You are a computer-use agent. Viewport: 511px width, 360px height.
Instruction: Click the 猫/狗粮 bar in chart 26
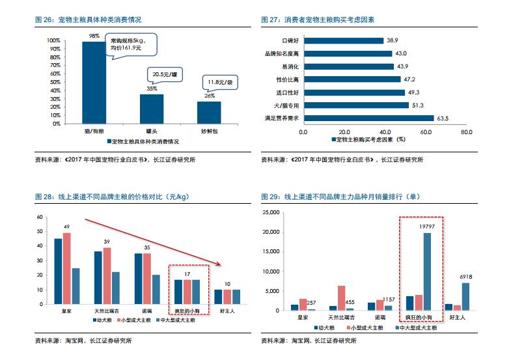point(93,82)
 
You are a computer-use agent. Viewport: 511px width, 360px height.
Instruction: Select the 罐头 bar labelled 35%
point(152,109)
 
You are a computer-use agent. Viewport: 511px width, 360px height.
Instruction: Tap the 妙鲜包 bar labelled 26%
point(209,112)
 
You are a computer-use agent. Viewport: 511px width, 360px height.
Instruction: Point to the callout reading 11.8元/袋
point(221,82)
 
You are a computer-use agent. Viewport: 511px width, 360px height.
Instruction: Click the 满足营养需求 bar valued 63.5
point(368,118)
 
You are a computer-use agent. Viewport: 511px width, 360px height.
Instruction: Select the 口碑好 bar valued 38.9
point(343,40)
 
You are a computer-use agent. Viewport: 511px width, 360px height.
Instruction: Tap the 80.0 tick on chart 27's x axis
point(466,132)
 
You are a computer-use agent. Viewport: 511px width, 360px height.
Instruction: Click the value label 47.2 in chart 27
point(410,79)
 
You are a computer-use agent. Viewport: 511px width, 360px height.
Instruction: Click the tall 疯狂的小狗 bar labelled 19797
point(427,271)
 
